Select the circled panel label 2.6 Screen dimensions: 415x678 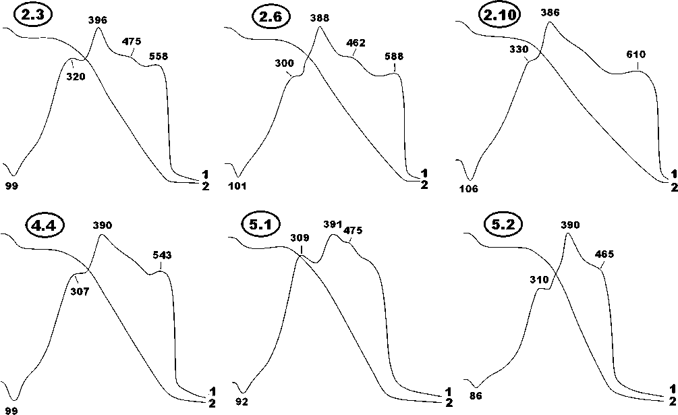271,16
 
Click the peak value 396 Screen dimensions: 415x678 98,20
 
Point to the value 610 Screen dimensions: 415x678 636,54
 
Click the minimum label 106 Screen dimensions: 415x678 468,189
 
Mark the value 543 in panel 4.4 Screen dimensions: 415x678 162,255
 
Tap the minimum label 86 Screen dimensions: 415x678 476,395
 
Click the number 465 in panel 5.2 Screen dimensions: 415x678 604,254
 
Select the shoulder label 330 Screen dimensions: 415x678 518,49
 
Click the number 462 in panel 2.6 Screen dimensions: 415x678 356,43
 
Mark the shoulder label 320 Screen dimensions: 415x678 76,77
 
